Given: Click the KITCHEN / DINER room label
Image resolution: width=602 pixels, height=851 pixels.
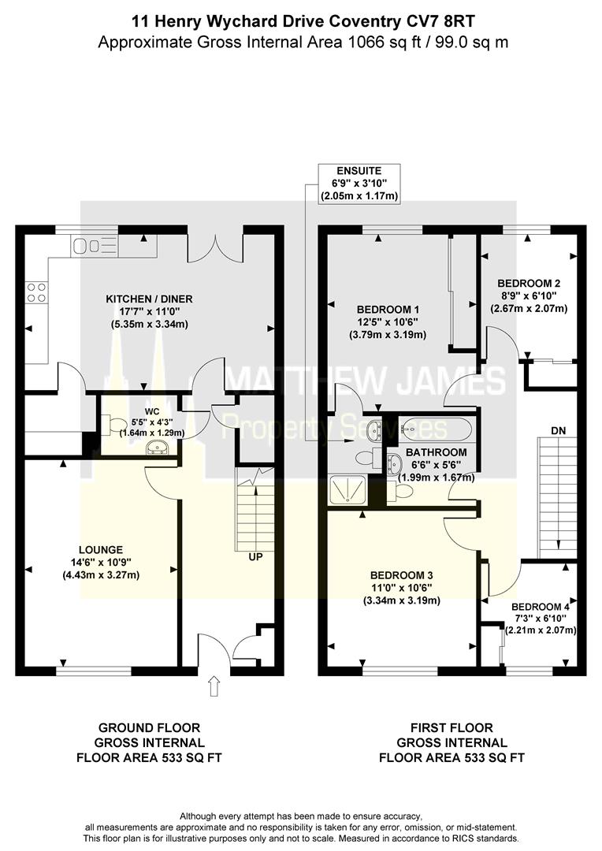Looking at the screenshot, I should tap(150, 299).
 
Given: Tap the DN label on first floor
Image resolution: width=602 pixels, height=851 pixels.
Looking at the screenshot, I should tap(558, 431).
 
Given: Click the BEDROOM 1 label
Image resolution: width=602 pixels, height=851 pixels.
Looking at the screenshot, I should tap(388, 309).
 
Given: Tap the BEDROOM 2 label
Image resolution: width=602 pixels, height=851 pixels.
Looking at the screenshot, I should tap(529, 283).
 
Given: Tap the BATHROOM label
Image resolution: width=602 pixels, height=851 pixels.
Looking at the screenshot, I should tap(436, 453).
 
